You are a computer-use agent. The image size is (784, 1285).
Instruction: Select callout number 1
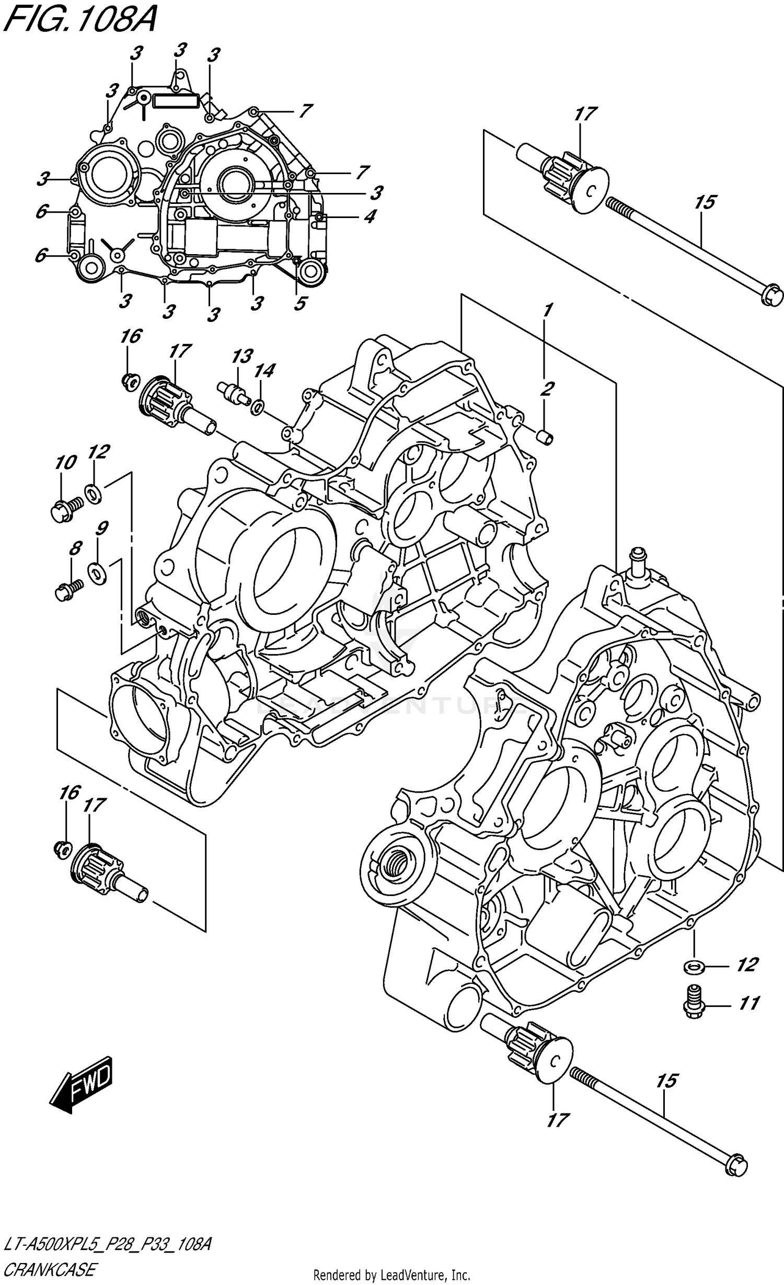(547, 311)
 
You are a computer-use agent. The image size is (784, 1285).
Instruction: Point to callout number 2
(547, 388)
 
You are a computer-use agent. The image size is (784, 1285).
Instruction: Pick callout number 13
(242, 357)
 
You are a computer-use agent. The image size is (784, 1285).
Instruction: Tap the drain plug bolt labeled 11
(694, 1001)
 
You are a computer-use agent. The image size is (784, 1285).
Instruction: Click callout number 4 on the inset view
(370, 216)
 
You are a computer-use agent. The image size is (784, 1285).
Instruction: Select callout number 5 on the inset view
(299, 303)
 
